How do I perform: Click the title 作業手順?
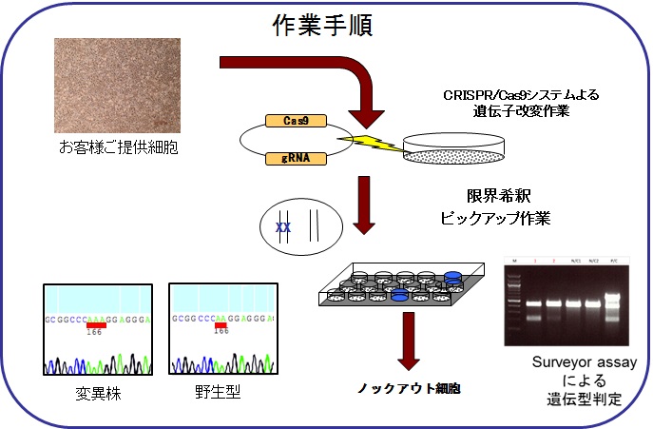320,24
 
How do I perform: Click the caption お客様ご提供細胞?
118,147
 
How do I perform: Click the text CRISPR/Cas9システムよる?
522,95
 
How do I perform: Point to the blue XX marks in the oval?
282,228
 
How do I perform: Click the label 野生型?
219,391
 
